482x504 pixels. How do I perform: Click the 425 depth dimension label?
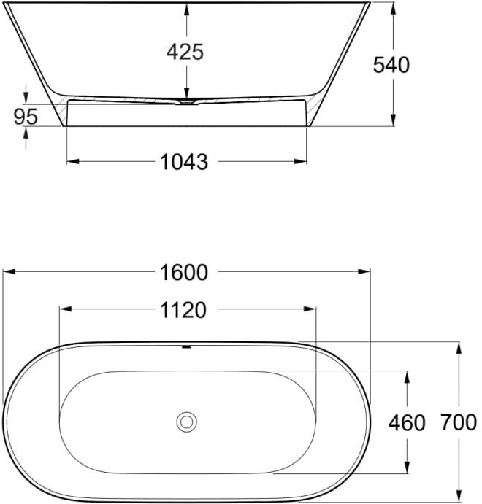click(x=185, y=52)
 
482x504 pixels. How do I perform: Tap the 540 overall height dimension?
click(x=391, y=65)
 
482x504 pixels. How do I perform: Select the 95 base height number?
click(x=26, y=117)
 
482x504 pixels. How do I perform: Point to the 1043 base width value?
click(x=184, y=162)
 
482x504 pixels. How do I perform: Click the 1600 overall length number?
click(x=184, y=273)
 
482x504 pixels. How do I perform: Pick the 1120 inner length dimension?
click(x=183, y=310)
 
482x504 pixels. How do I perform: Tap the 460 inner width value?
click(x=407, y=423)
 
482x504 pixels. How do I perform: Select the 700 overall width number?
click(x=459, y=422)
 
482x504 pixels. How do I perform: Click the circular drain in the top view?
click(x=187, y=422)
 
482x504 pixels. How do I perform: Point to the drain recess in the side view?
click(x=187, y=102)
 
